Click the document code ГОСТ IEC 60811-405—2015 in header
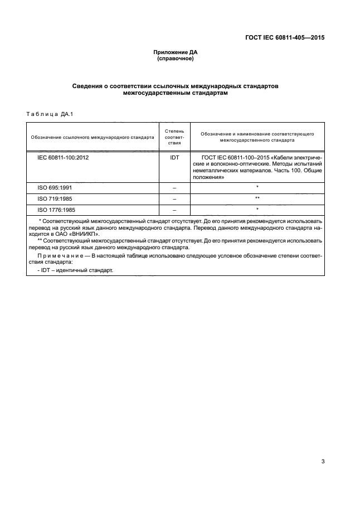285,38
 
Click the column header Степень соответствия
174,136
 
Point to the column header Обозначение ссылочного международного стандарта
93,137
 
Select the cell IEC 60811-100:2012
63,158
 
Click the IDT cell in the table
174,158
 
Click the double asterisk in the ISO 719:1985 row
257,198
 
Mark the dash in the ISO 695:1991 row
174,188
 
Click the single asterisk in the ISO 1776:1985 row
257,210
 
